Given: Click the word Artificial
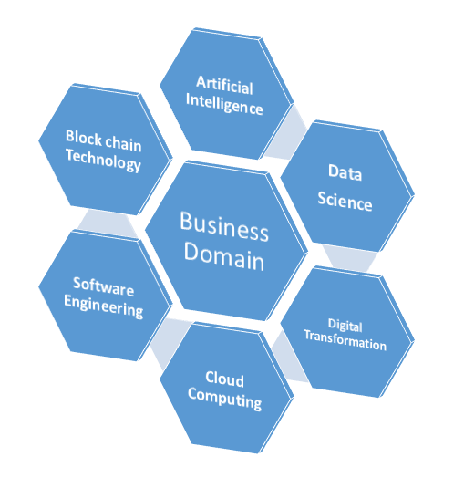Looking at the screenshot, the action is pyautogui.click(x=224, y=85).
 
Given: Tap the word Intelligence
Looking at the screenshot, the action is pyautogui.click(x=224, y=105).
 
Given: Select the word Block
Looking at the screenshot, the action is pyautogui.click(x=84, y=137).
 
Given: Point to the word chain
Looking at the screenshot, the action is pyautogui.click(x=123, y=144).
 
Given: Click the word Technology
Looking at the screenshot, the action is pyautogui.click(x=103, y=161).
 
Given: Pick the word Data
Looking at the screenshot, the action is pyautogui.click(x=345, y=172).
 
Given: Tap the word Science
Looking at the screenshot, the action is pyautogui.click(x=345, y=202).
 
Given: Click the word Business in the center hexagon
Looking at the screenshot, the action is pyautogui.click(x=224, y=226).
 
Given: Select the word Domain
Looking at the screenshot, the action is pyautogui.click(x=224, y=255).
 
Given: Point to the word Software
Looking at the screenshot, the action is pyautogui.click(x=104, y=286).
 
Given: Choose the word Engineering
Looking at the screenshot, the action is pyautogui.click(x=104, y=306).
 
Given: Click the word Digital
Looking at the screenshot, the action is pyautogui.click(x=345, y=326).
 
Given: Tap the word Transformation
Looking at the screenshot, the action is pyautogui.click(x=345, y=340).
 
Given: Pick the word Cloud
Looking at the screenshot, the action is pyautogui.click(x=224, y=379).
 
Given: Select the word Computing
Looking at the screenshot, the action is pyautogui.click(x=224, y=400).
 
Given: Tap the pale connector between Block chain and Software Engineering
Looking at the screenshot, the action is pyautogui.click(x=108, y=223).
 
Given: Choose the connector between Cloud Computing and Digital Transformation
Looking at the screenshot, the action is pyautogui.click(x=288, y=357).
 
